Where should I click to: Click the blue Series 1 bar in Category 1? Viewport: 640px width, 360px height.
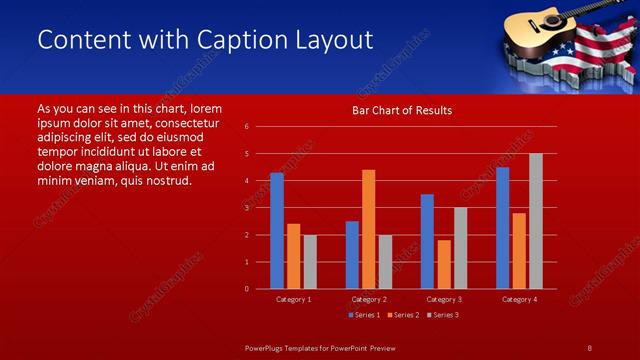coord(277,230)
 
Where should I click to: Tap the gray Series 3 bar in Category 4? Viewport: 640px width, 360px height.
coord(535,221)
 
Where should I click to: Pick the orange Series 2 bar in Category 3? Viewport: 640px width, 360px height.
coord(444,264)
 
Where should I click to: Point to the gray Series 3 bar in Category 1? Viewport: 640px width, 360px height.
coord(310,261)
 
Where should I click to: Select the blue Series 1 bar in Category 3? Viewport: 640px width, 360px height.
coord(427,241)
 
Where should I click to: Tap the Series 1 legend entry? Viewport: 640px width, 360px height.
coord(363,315)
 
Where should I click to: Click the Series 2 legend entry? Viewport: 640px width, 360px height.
coord(403,315)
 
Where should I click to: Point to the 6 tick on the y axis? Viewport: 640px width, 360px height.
coord(246,127)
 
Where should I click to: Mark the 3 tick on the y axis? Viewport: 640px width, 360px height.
coord(246,208)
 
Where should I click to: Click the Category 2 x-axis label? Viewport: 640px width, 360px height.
coord(368,299)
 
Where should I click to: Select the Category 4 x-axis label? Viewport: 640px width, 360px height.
coord(518,299)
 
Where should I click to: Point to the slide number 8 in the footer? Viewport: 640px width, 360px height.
coord(589,347)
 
